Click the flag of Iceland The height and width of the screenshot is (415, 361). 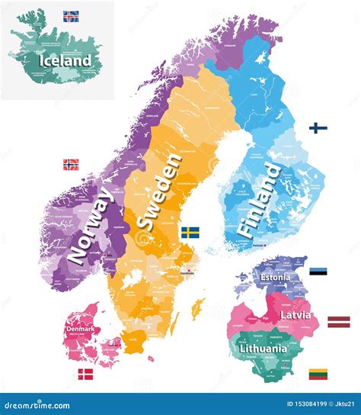(x=72, y=15)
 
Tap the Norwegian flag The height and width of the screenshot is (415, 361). (x=71, y=164)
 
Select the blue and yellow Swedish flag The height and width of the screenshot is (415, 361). (x=190, y=233)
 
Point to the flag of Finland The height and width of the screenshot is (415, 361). (x=318, y=128)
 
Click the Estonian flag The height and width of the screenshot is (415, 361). (x=318, y=272)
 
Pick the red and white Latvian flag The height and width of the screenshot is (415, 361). (x=338, y=321)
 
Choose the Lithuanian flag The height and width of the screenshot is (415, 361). (x=318, y=374)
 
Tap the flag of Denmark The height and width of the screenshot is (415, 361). (x=86, y=374)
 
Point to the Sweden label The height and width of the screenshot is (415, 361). (x=159, y=191)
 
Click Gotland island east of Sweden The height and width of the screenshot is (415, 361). (x=200, y=308)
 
